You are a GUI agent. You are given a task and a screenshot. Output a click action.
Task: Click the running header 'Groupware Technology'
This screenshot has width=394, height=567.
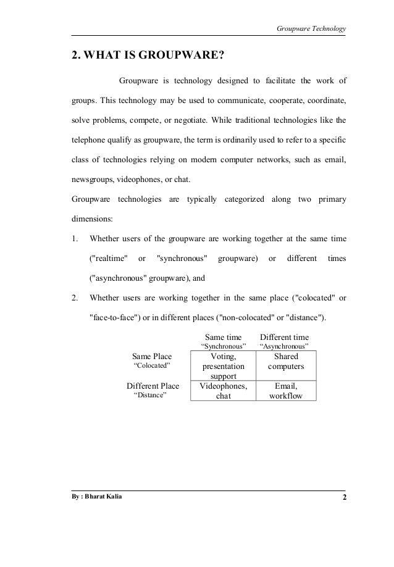310,28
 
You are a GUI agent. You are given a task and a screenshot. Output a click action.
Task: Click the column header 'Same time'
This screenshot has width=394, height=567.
223,337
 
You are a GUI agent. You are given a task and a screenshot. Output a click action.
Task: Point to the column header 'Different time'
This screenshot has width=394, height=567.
284,337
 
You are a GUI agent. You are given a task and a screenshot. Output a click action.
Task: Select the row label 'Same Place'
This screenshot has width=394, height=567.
152,356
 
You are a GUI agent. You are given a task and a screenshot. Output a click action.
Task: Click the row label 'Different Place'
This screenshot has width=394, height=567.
153,386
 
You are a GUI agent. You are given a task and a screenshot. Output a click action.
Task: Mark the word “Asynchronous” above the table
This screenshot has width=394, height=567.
285,346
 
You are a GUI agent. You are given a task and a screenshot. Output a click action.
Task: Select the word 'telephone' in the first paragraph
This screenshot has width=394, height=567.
90,140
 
